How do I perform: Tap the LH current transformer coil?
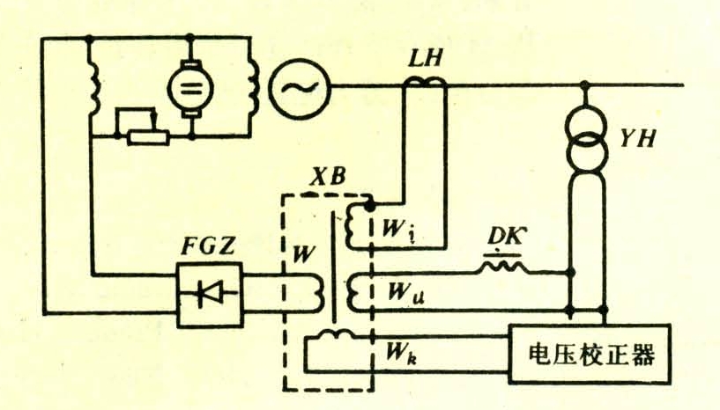coord(425,83)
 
